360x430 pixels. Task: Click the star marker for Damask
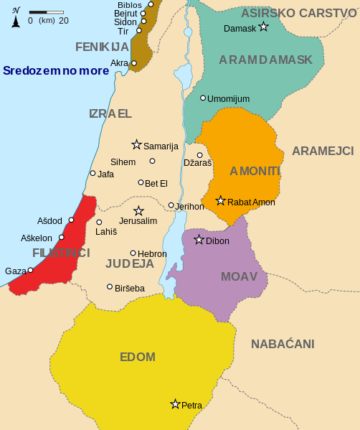pos(263,27)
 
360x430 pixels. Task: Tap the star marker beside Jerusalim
pos(138,211)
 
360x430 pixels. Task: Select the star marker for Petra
pos(175,404)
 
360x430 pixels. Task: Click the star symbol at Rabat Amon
pos(221,201)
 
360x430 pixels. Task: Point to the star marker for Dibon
pos(199,240)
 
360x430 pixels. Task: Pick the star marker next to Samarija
pos(136,145)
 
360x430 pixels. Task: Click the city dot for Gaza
pos(31,270)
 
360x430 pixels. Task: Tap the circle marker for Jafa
pos(93,173)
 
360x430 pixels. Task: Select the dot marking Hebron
pos(133,253)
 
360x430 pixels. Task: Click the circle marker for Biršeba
pos(110,287)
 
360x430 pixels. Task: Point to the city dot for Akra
pos(134,63)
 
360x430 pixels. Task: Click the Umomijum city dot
pos(203,98)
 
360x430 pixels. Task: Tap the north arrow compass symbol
pos(16,17)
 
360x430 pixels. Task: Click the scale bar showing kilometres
pos(47,12)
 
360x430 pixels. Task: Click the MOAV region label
pos(239,276)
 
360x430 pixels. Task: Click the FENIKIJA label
pos(102,47)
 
